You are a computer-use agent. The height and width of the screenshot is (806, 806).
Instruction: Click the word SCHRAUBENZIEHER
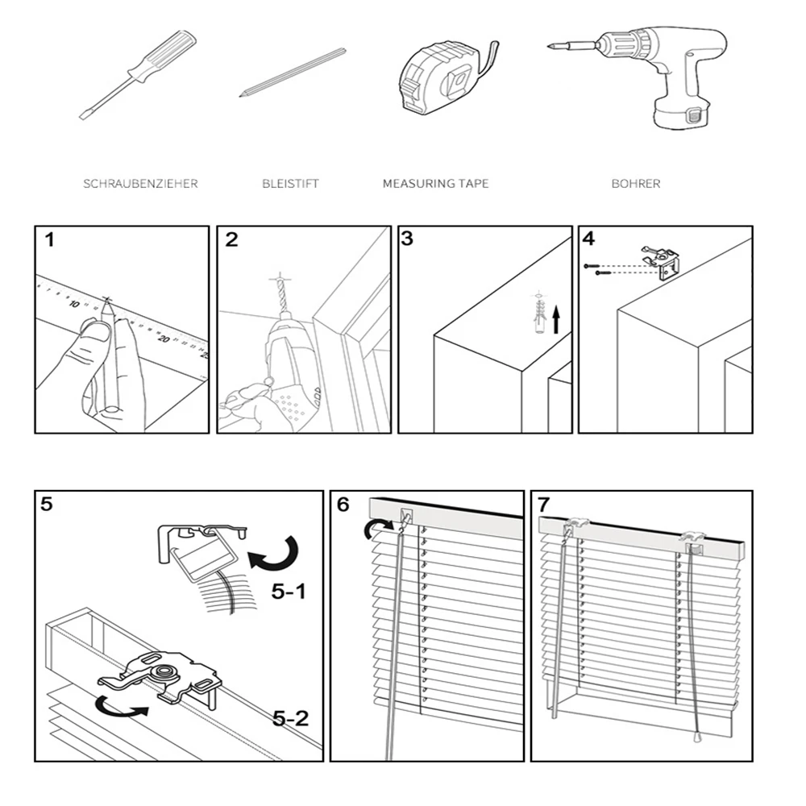tap(140, 184)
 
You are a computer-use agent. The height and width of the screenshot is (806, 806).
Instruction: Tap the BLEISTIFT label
tap(290, 184)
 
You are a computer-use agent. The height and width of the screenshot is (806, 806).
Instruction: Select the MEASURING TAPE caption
tap(435, 184)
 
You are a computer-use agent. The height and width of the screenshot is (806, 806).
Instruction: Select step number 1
tap(50, 239)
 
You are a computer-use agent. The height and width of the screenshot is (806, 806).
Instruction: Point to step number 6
tap(343, 505)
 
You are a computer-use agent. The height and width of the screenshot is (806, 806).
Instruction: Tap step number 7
tap(543, 505)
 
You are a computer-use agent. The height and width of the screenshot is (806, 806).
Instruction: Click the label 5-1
tap(289, 592)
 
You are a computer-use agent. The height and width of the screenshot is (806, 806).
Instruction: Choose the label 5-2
tap(290, 717)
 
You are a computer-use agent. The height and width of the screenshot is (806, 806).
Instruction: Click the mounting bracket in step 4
tap(662, 261)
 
